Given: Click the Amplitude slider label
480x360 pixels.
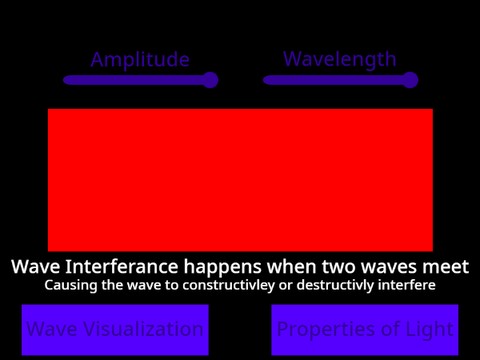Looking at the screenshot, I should (x=140, y=60).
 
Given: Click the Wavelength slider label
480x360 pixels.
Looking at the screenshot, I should (x=340, y=60).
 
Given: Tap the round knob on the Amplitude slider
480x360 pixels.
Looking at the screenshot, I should (x=209, y=80).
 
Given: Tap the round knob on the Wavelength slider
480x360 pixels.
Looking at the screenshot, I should (x=409, y=80).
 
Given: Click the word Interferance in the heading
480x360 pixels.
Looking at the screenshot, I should (x=118, y=268).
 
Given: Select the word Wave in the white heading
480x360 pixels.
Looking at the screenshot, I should (x=35, y=268).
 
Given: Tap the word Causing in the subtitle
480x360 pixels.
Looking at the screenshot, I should (x=71, y=286).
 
